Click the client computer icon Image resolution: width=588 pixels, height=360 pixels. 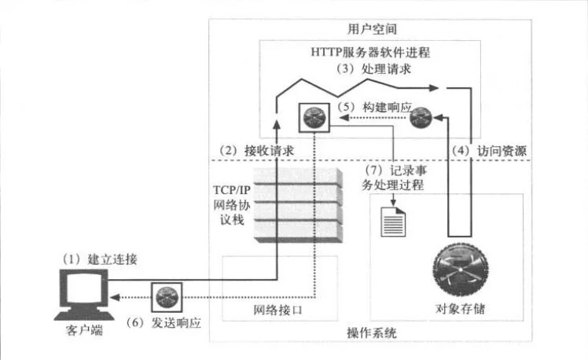(82, 293)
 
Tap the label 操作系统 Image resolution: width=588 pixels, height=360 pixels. (372, 333)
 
